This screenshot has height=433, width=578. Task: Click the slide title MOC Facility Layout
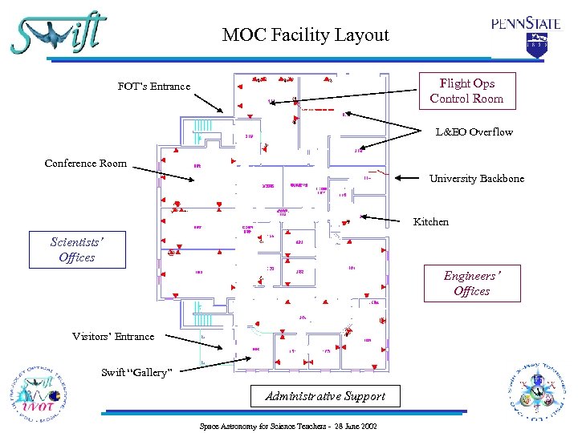[305, 35]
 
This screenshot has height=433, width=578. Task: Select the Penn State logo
[526, 34]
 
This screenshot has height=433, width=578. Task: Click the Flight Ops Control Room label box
[466, 91]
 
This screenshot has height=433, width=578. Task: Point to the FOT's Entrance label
[154, 86]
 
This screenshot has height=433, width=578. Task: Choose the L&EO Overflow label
[474, 132]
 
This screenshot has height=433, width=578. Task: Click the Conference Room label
[85, 164]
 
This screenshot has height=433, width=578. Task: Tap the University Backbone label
[476, 178]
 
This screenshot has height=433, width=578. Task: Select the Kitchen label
[430, 221]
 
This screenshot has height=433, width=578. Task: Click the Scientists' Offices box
[77, 249]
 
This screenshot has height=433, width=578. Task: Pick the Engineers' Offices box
[471, 283]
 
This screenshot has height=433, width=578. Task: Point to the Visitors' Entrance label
[113, 336]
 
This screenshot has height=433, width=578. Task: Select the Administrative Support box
[325, 395]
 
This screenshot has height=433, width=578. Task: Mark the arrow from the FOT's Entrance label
[210, 99]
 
